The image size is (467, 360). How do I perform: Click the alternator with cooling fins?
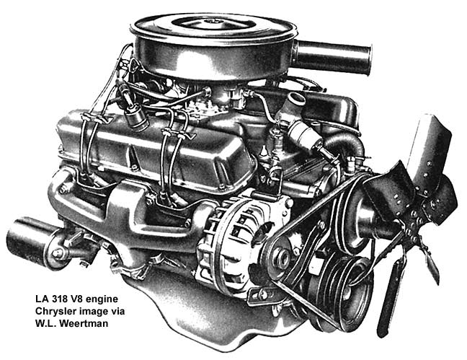[x=234, y=234]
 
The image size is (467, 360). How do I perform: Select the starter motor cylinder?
[x=32, y=242]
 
